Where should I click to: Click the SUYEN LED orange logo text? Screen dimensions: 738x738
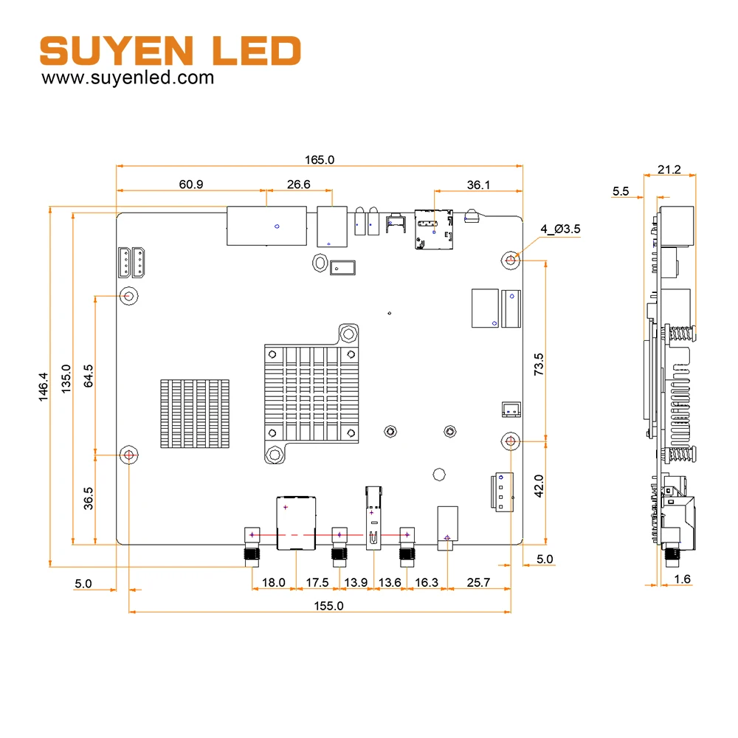pyautogui.click(x=170, y=50)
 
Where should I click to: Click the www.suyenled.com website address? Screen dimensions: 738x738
pyautogui.click(x=128, y=77)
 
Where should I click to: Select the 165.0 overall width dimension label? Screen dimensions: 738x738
pyautogui.click(x=320, y=159)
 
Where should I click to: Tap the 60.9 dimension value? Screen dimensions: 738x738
pyautogui.click(x=191, y=184)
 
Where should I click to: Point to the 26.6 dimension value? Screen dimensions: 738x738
pyautogui.click(x=298, y=184)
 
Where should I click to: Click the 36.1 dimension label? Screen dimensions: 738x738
pyautogui.click(x=478, y=185)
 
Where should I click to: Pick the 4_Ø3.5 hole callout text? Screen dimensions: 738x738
pyautogui.click(x=561, y=229)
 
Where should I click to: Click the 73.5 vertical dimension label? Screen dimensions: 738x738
pyautogui.click(x=539, y=365)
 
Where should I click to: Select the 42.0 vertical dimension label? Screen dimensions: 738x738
pyautogui.click(x=539, y=486)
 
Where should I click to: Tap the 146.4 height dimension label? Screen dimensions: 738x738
pyautogui.click(x=43, y=387)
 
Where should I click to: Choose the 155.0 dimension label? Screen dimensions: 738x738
pyautogui.click(x=328, y=606)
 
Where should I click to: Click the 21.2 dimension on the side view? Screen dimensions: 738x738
pyautogui.click(x=669, y=170)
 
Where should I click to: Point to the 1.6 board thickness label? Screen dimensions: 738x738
pyautogui.click(x=682, y=579)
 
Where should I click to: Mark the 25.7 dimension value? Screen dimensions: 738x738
pyautogui.click(x=478, y=582)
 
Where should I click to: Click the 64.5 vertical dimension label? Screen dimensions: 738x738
pyautogui.click(x=88, y=376)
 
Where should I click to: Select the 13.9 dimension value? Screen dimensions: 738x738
pyautogui.click(x=356, y=582)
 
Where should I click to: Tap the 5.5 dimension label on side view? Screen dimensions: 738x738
pyautogui.click(x=621, y=191)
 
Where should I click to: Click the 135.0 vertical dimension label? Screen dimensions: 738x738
pyautogui.click(x=66, y=379)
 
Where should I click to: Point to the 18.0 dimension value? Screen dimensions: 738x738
pyautogui.click(x=274, y=582)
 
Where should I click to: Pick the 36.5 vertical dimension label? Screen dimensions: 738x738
pyautogui.click(x=88, y=498)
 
